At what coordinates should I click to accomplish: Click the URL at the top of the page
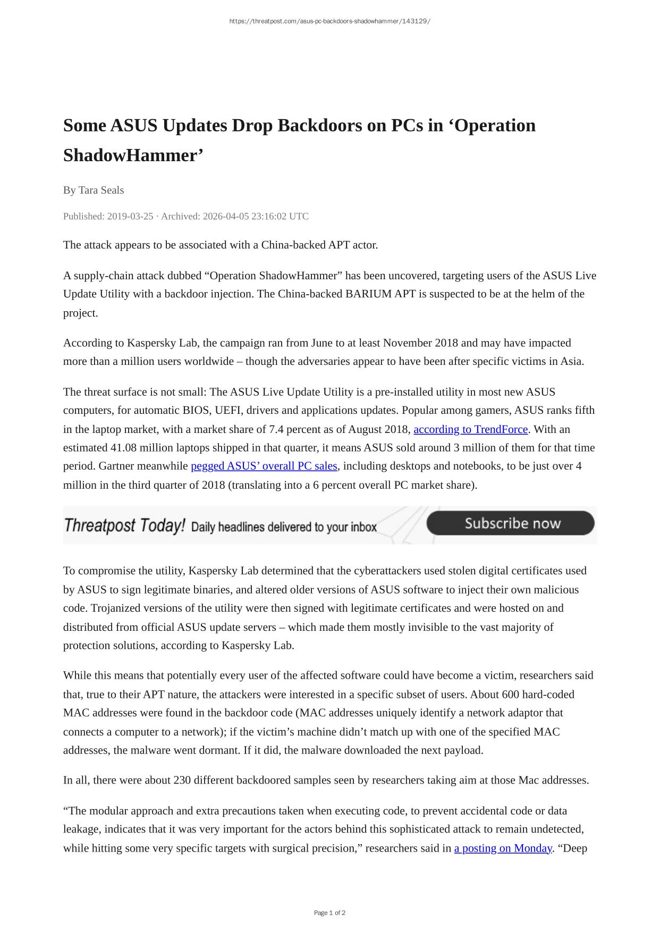click(329, 21)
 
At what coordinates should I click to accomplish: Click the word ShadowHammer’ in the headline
click(133, 156)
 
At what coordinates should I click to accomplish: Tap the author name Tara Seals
click(101, 190)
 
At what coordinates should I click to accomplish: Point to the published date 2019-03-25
click(130, 216)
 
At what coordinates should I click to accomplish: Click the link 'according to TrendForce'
click(470, 429)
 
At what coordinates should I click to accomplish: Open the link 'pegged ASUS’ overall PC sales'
click(264, 466)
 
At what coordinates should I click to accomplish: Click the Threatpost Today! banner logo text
click(124, 526)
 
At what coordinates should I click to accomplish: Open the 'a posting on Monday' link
click(503, 848)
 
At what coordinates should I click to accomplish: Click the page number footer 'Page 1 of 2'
click(329, 913)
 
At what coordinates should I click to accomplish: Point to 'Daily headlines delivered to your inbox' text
click(283, 527)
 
